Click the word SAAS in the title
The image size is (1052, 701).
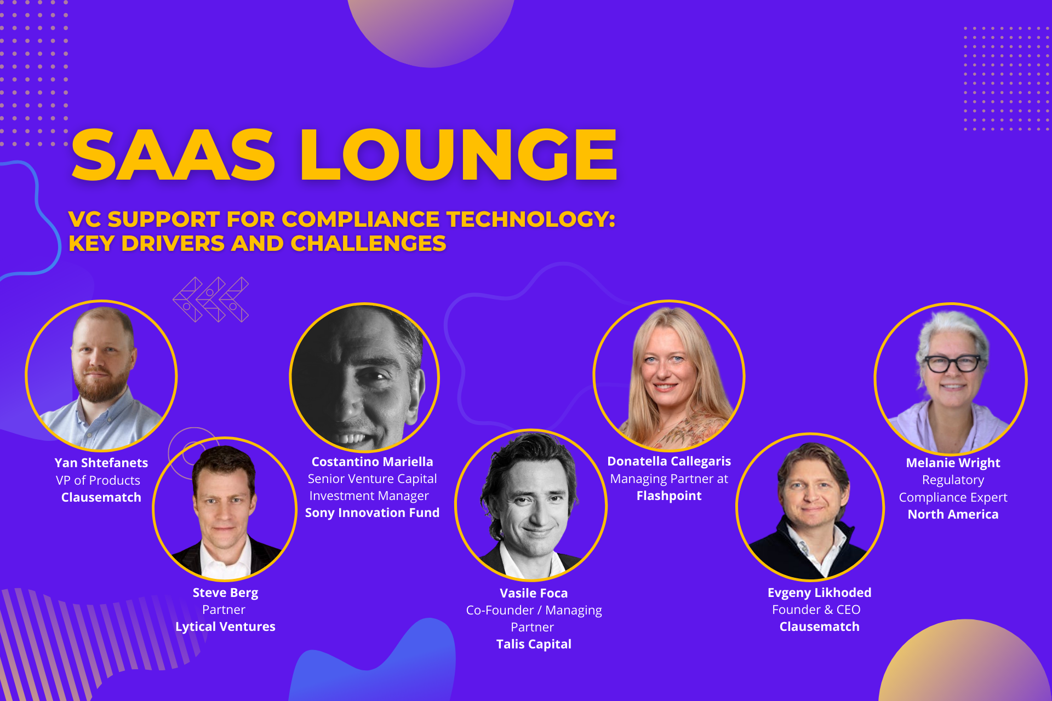pyautogui.click(x=173, y=154)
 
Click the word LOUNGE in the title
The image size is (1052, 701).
pyautogui.click(x=459, y=154)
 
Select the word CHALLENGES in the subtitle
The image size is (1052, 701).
pyautogui.click(x=368, y=244)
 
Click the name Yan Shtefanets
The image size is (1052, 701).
pyautogui.click(x=101, y=463)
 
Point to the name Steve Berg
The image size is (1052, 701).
pyautogui.click(x=225, y=593)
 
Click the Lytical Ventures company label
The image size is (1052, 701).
pyautogui.click(x=225, y=627)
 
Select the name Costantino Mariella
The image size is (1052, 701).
pyautogui.click(x=372, y=462)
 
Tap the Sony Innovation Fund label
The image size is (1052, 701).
pyautogui.click(x=372, y=513)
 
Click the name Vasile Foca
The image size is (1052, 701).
pyautogui.click(x=534, y=593)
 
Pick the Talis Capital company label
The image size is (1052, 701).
pyautogui.click(x=534, y=644)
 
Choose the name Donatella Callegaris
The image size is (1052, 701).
pyautogui.click(x=669, y=461)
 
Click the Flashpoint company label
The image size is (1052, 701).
pyautogui.click(x=669, y=496)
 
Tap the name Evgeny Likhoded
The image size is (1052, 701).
pyautogui.click(x=819, y=593)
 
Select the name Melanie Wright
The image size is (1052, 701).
pyautogui.click(x=953, y=463)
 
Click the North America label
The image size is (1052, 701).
pyautogui.click(x=953, y=514)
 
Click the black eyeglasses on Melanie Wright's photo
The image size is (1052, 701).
pyautogui.click(x=952, y=363)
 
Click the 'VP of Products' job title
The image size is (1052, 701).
pyautogui.click(x=98, y=480)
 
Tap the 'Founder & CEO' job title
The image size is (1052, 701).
pyautogui.click(x=816, y=610)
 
